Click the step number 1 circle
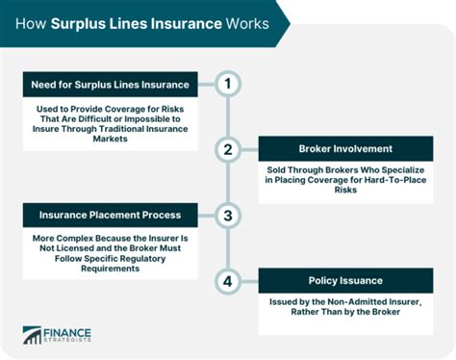click(227, 84)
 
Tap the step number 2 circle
click(227, 149)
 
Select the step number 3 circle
click(227, 216)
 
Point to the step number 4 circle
click(227, 281)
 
